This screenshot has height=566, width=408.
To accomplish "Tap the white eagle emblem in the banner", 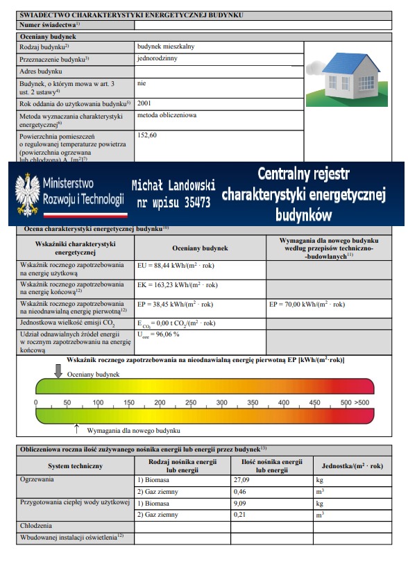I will pyautogui.click(x=28, y=194).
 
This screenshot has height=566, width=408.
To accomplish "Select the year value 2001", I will pyautogui.click(x=145, y=103).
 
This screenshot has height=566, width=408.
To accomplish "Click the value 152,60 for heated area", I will pyautogui.click(x=148, y=135).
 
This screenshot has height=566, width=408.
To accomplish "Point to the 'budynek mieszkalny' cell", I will pyautogui.click(x=166, y=47).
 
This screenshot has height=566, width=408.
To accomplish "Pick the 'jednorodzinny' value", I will pyautogui.click(x=158, y=59).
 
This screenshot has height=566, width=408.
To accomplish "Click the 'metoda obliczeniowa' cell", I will pyautogui.click(x=167, y=115).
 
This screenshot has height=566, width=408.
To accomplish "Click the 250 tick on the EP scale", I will pyautogui.click(x=191, y=403).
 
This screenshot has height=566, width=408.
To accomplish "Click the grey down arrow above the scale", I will pyautogui.click(x=58, y=372).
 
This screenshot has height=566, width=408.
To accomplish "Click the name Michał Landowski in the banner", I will pyautogui.click(x=173, y=186).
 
